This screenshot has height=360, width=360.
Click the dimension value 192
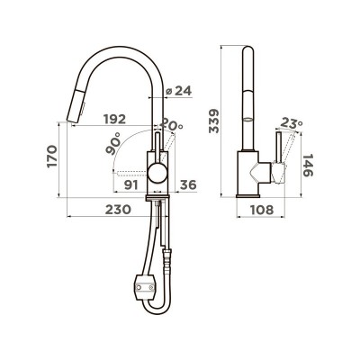(114, 120)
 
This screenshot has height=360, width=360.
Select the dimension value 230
(118, 210)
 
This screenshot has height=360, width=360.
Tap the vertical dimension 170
(52, 156)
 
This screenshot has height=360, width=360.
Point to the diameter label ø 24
(178, 91)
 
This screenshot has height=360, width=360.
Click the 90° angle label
(113, 143)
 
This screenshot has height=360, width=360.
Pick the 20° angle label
(171, 124)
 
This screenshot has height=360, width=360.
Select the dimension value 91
(131, 185)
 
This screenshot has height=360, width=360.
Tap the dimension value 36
(188, 185)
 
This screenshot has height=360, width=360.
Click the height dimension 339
(214, 121)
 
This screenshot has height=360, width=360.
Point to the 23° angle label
(292, 123)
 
